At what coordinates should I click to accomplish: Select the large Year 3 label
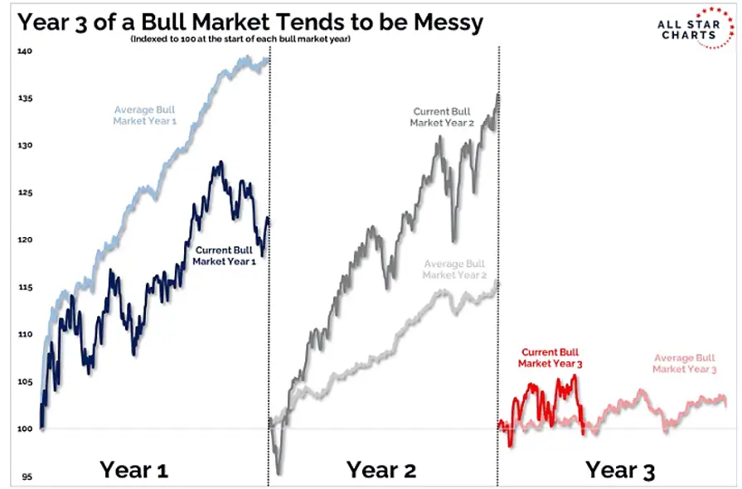[620, 470]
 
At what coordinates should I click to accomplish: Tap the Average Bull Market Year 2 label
[453, 269]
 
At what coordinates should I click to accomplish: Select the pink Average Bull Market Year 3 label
[685, 363]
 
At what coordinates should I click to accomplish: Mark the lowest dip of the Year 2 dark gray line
[279, 473]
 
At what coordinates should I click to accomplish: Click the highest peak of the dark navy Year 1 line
[220, 163]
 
